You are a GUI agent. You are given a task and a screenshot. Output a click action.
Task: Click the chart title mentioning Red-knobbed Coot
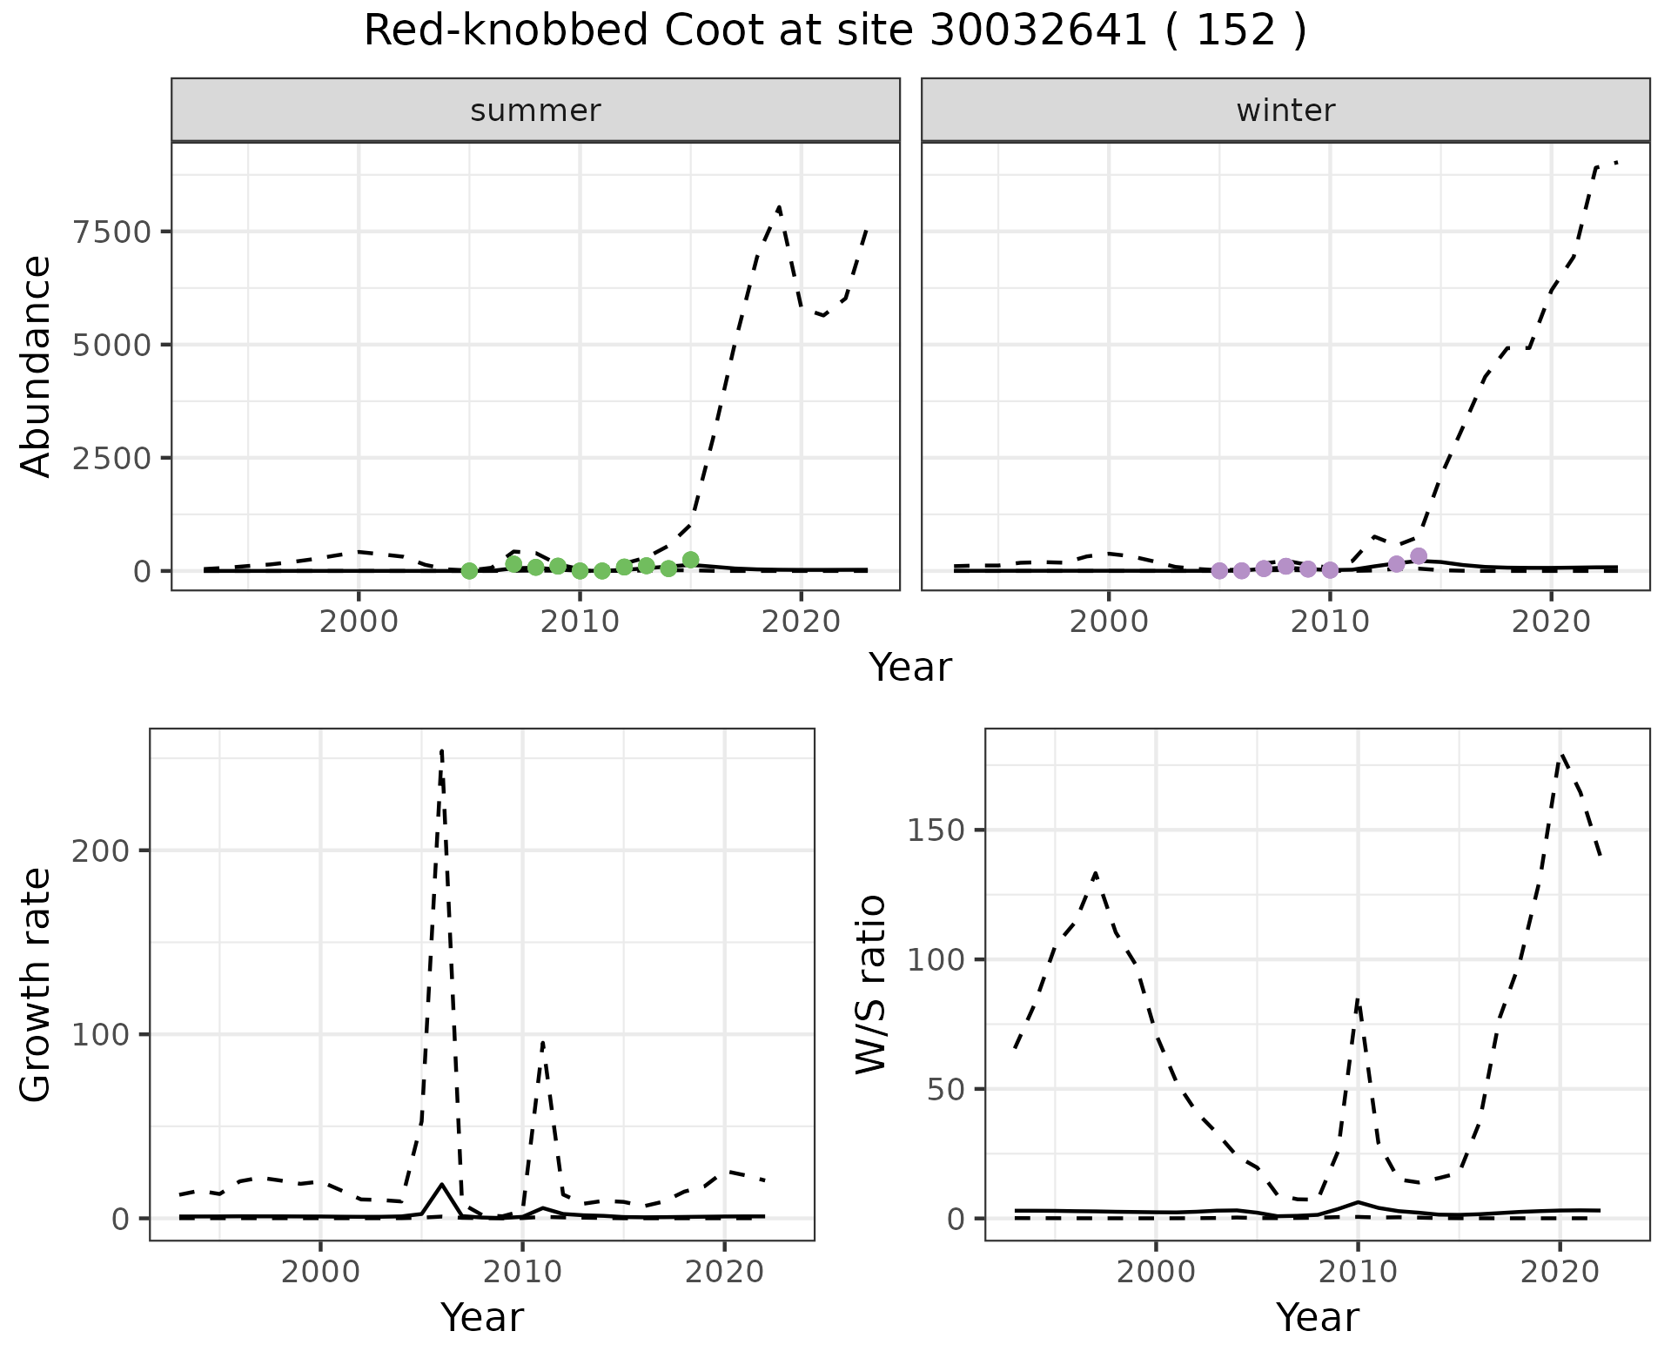(835, 32)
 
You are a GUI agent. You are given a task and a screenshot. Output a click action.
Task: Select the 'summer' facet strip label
(535, 111)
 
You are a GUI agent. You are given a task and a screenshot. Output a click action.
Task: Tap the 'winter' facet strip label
(1285, 111)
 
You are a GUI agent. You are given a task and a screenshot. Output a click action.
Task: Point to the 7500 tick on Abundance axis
(114, 232)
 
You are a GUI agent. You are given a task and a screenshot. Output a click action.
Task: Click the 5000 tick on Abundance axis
(114, 346)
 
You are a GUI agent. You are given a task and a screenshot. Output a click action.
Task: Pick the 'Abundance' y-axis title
(37, 366)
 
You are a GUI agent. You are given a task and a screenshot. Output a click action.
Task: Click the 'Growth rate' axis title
(37, 985)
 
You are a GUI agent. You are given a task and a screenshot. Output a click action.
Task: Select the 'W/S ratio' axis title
(871, 985)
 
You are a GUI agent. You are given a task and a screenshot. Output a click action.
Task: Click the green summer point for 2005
(469, 571)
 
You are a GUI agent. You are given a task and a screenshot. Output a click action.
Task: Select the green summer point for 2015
(691, 560)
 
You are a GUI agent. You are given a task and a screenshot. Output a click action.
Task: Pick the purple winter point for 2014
(1419, 556)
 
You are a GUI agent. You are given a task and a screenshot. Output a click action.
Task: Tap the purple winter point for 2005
(1219, 571)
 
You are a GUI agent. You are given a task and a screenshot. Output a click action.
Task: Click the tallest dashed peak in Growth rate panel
(441, 750)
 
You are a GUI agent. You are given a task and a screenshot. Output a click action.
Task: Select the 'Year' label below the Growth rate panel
(482, 1317)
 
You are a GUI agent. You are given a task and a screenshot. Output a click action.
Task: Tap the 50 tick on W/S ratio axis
(945, 1090)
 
